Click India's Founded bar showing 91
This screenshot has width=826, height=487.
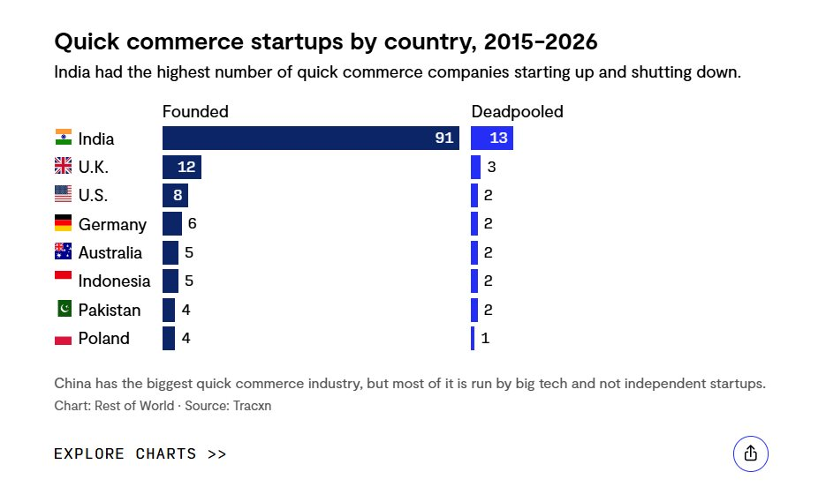[x=310, y=139]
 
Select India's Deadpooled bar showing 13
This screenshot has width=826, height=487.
[x=492, y=139]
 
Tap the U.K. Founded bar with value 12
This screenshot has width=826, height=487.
[x=182, y=167]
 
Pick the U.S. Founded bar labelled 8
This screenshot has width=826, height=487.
[x=175, y=195]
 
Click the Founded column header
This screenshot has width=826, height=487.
[x=195, y=111]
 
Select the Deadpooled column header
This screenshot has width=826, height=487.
[x=517, y=111]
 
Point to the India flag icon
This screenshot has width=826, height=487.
[x=64, y=138]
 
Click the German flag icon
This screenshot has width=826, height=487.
[x=64, y=223]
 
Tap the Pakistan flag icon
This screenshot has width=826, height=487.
[x=64, y=309]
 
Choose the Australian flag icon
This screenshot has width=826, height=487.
[x=64, y=251]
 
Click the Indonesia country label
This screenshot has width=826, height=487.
[x=114, y=281]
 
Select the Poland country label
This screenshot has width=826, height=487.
[x=103, y=339]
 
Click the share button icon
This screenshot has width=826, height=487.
[x=751, y=453]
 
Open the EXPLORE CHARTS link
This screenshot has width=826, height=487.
[x=140, y=453]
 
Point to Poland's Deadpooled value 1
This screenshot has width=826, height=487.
[x=485, y=338]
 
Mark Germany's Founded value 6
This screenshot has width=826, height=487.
[x=192, y=224]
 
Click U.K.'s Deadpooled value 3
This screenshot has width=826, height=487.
[x=491, y=167]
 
